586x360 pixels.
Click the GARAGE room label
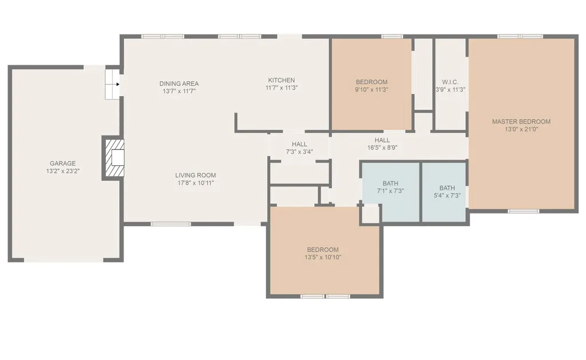63,163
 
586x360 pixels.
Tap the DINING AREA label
179,84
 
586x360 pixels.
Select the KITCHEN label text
282,80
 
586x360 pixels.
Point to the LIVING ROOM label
196,175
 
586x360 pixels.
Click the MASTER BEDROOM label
521,121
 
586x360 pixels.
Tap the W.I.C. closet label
450,82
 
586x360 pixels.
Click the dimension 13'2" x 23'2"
63,171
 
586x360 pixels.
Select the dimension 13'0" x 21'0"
521,129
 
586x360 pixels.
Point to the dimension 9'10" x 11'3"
371,90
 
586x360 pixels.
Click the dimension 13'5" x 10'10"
323,257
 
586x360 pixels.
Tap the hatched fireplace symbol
114,158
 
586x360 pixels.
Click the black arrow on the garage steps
118,84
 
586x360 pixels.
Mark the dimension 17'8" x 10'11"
196,183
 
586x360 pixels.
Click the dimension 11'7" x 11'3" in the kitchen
282,88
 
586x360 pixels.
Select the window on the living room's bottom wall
171,224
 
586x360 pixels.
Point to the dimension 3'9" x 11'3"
450,90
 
